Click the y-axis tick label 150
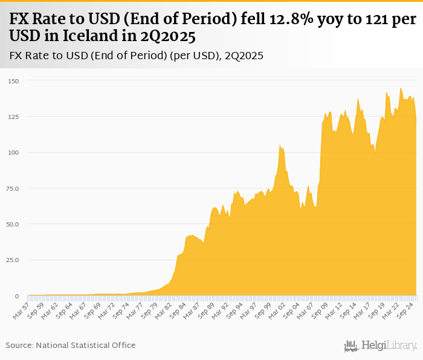click(x=13, y=80)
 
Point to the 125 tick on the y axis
click(x=13, y=117)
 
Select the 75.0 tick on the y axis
click(x=13, y=188)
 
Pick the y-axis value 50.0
click(x=13, y=224)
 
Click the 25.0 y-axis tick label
click(x=13, y=260)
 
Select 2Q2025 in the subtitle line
click(x=244, y=56)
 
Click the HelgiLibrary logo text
click(x=389, y=346)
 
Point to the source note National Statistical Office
click(x=86, y=346)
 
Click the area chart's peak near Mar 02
click(x=280, y=146)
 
